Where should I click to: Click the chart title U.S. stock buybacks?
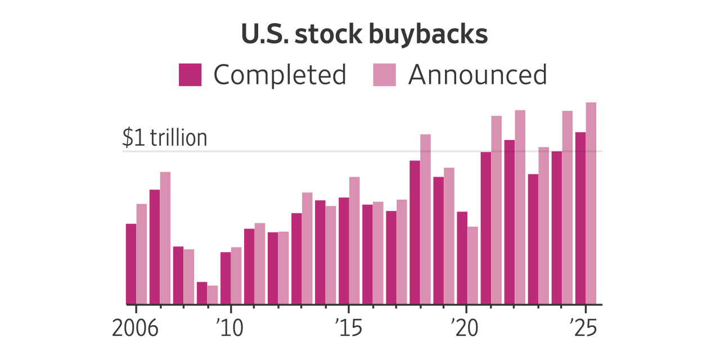tap(364, 35)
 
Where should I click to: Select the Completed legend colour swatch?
tap(190, 75)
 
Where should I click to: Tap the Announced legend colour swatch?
tap(385, 75)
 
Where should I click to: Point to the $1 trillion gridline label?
tap(165, 138)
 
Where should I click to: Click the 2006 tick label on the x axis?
tap(135, 328)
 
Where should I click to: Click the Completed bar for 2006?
tap(131, 264)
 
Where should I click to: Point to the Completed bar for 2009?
tap(202, 293)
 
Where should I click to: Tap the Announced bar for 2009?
tap(213, 295)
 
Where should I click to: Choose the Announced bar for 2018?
tap(425, 219)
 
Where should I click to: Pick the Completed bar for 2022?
tap(509, 222)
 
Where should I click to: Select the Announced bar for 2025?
tap(591, 203)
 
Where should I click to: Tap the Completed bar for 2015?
tap(344, 251)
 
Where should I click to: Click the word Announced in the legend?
tap(478, 75)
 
